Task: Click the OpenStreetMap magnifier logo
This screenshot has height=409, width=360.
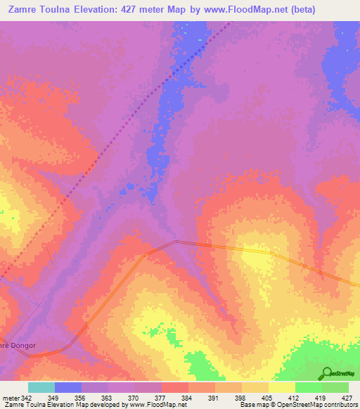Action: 326,372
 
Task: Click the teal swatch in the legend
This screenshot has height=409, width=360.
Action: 41,387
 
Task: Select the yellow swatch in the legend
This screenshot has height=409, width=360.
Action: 281,387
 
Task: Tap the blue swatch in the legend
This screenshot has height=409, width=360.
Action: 67,387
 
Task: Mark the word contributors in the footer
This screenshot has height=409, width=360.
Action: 337,405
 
